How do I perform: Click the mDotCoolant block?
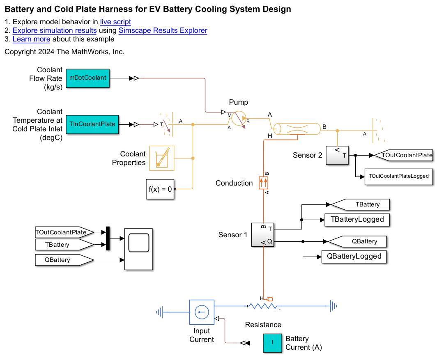point(87,78)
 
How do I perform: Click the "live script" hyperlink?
point(115,22)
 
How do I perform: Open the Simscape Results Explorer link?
point(163,31)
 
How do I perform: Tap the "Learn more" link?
point(31,39)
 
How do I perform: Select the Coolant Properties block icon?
point(162,158)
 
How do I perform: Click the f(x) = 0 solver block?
point(160,189)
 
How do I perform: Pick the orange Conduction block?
point(263,183)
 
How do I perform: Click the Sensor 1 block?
point(262,235)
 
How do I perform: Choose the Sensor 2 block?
point(337,155)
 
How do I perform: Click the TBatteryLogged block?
point(357,220)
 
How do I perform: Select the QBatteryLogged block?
point(354,257)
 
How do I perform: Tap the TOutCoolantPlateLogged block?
point(398,176)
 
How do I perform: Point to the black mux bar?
point(108,238)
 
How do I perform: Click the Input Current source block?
point(202,312)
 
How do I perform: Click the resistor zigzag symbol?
point(263,306)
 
